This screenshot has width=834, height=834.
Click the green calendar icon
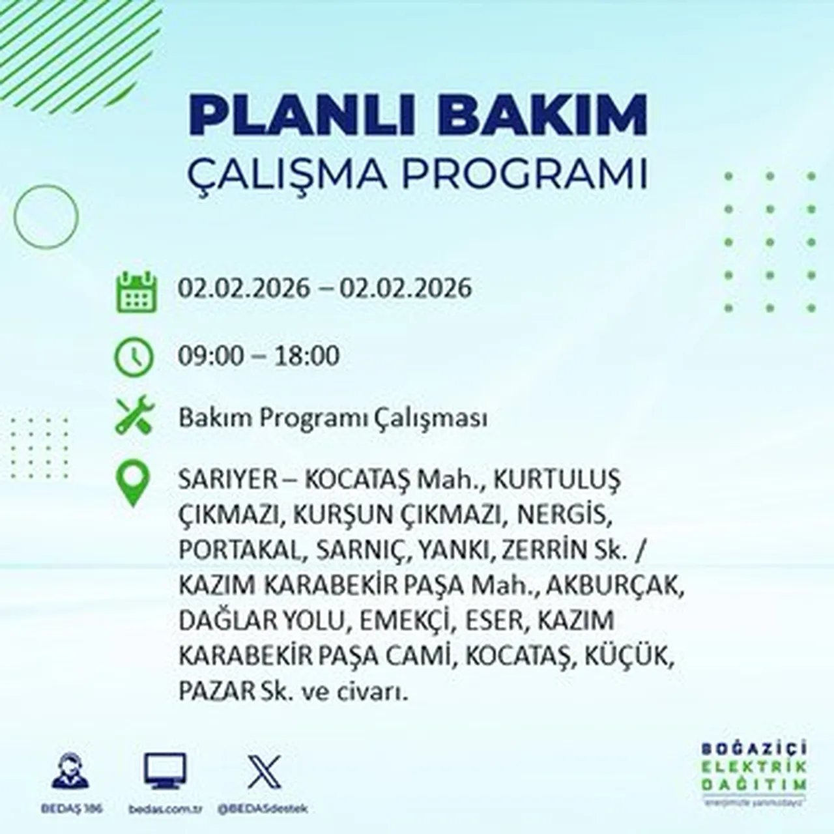click(x=136, y=292)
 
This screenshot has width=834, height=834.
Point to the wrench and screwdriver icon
click(x=134, y=415)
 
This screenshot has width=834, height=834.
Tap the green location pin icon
click(x=132, y=484)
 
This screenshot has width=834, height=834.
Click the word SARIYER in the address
click(x=219, y=480)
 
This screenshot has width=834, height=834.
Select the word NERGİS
click(x=564, y=515)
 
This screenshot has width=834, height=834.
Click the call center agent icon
click(x=70, y=771)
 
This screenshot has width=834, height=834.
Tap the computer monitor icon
click(x=165, y=771)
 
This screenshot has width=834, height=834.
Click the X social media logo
click(x=265, y=771)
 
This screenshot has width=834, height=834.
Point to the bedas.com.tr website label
click(x=164, y=809)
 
